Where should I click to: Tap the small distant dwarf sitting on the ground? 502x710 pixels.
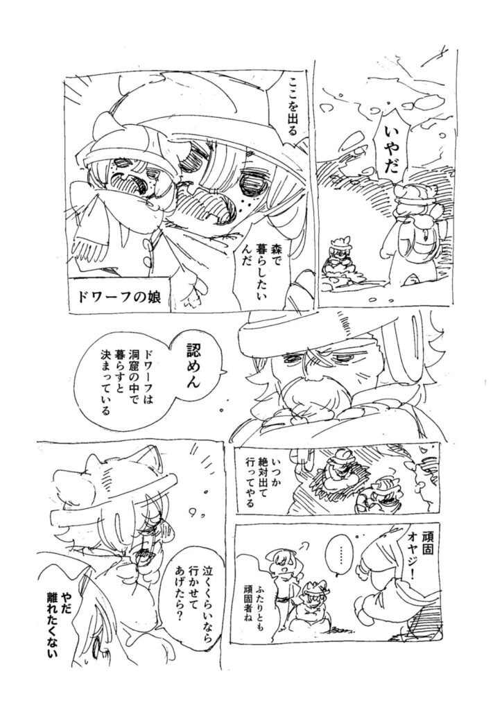337,261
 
